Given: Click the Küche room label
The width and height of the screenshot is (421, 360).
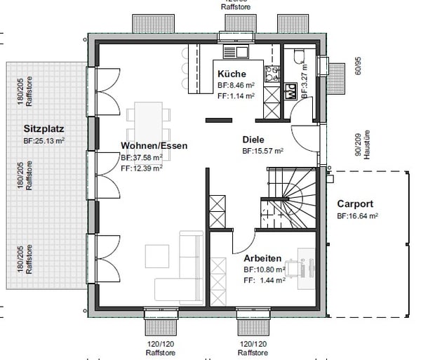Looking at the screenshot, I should coord(231,74).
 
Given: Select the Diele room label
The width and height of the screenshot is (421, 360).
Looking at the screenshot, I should coord(255,139).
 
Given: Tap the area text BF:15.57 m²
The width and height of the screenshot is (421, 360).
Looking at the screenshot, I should coord(263,151).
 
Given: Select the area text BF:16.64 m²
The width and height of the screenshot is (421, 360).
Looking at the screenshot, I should coord(358,216).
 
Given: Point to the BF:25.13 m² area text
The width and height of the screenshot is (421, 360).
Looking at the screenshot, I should coord(44,141).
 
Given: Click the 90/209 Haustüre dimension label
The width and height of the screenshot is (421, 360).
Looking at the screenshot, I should coord(361,146).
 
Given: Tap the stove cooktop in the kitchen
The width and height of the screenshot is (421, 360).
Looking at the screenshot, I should coord(270,71).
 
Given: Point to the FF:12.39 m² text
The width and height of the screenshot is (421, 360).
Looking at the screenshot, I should coord(142,168).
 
